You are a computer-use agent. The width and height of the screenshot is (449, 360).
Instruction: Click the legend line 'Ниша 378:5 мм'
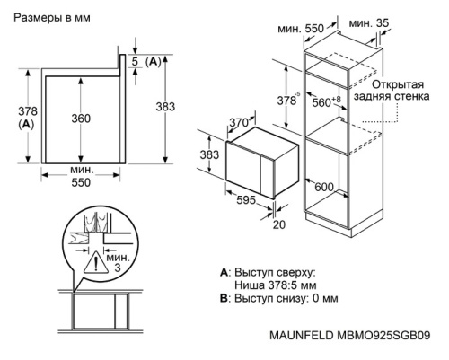coord(276,285)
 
